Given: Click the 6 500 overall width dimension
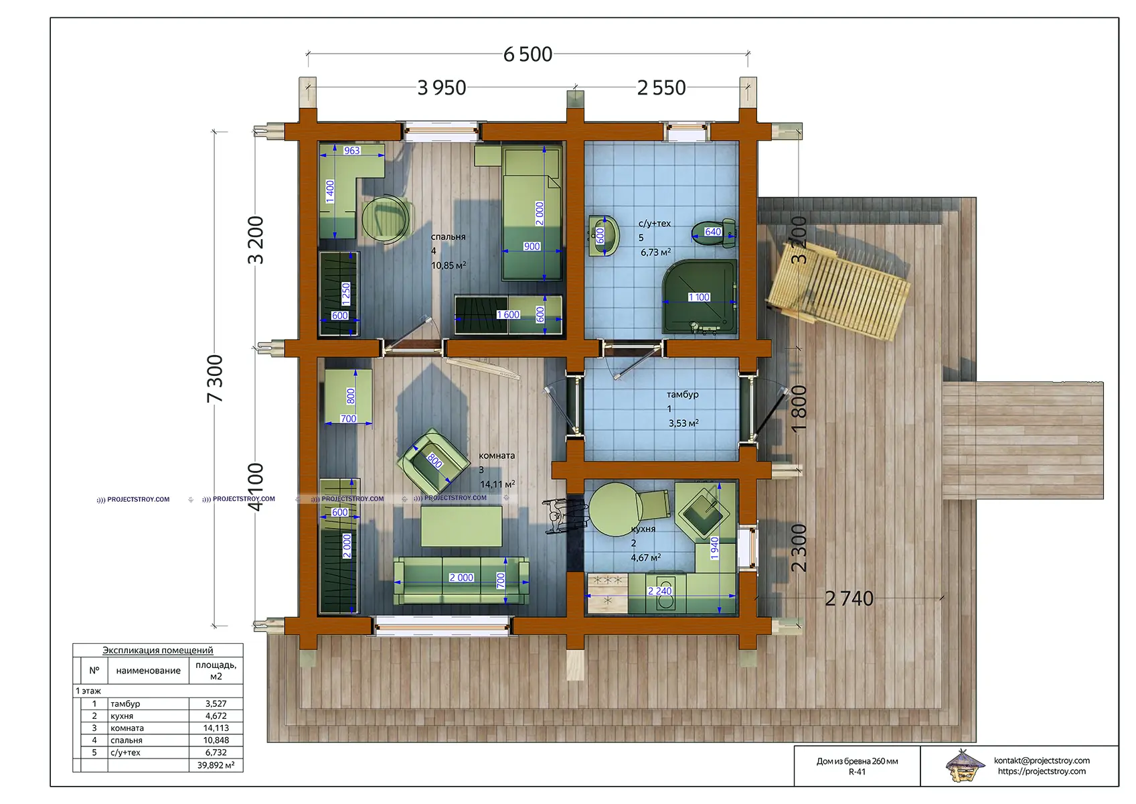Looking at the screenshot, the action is pos(528,54).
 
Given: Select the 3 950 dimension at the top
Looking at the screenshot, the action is pos(442,88).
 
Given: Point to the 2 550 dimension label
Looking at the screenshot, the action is pos(661,88).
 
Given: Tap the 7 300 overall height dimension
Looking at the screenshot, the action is pos(215,379).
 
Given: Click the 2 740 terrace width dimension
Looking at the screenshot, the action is pos(849,599).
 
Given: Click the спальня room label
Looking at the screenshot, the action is pos(449,237).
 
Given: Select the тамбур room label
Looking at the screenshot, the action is pos(683,395).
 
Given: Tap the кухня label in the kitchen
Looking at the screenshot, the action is pos(643,529).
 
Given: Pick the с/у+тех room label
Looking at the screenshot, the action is pos(655,223).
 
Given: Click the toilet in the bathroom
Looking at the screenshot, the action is pos(714,233).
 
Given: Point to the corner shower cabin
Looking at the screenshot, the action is pos(700,297).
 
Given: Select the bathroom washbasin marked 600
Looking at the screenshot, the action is pos(604,236).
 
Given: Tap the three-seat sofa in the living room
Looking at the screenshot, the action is pos(461,580).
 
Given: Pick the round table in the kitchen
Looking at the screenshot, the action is pos(615,509).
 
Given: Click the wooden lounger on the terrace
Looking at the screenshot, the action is pos(838,290).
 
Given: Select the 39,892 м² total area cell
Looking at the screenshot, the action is pos(216,765).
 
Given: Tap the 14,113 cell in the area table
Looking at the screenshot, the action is pos(216,728).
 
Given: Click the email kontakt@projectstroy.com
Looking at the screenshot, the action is pos(1042,760).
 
